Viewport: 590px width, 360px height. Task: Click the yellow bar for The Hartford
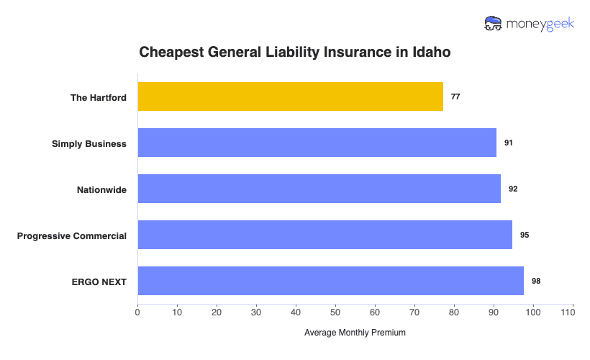[x=290, y=96]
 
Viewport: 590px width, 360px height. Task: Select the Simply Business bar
[x=317, y=143]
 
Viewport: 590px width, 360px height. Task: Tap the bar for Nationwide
[x=319, y=189]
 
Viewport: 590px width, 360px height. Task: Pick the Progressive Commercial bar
[x=324, y=235]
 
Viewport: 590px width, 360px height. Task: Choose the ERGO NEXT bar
[x=330, y=281]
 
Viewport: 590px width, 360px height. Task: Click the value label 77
[x=455, y=96]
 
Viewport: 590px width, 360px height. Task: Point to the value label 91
[x=509, y=143]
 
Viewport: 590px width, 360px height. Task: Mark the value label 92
[x=513, y=189]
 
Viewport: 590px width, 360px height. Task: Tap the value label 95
[x=525, y=235]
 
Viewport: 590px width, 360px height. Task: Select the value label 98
[x=536, y=281]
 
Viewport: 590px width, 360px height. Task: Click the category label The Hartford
[x=98, y=97]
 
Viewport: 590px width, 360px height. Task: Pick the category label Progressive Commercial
[x=72, y=235]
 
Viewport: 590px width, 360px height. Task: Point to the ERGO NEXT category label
[x=100, y=282]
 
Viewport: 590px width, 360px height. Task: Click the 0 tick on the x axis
[x=137, y=312]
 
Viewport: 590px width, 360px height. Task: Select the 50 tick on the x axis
[x=335, y=312]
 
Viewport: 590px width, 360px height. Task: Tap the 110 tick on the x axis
[x=573, y=312]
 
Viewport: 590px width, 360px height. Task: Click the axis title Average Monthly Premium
[x=355, y=333]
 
